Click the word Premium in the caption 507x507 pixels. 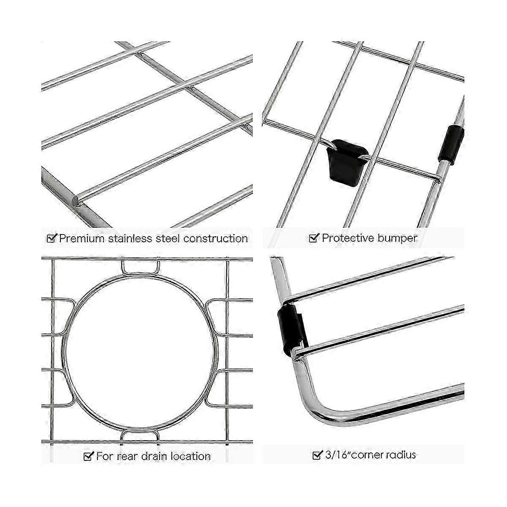(82, 238)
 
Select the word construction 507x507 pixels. (216, 238)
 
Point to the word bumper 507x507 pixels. (398, 238)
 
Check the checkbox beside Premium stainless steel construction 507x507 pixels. (52, 238)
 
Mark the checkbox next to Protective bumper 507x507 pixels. (314, 237)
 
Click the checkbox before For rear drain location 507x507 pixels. (88, 456)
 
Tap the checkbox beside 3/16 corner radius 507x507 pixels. (318, 454)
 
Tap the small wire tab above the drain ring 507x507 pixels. (141, 268)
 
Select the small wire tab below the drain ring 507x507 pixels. (140, 435)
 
